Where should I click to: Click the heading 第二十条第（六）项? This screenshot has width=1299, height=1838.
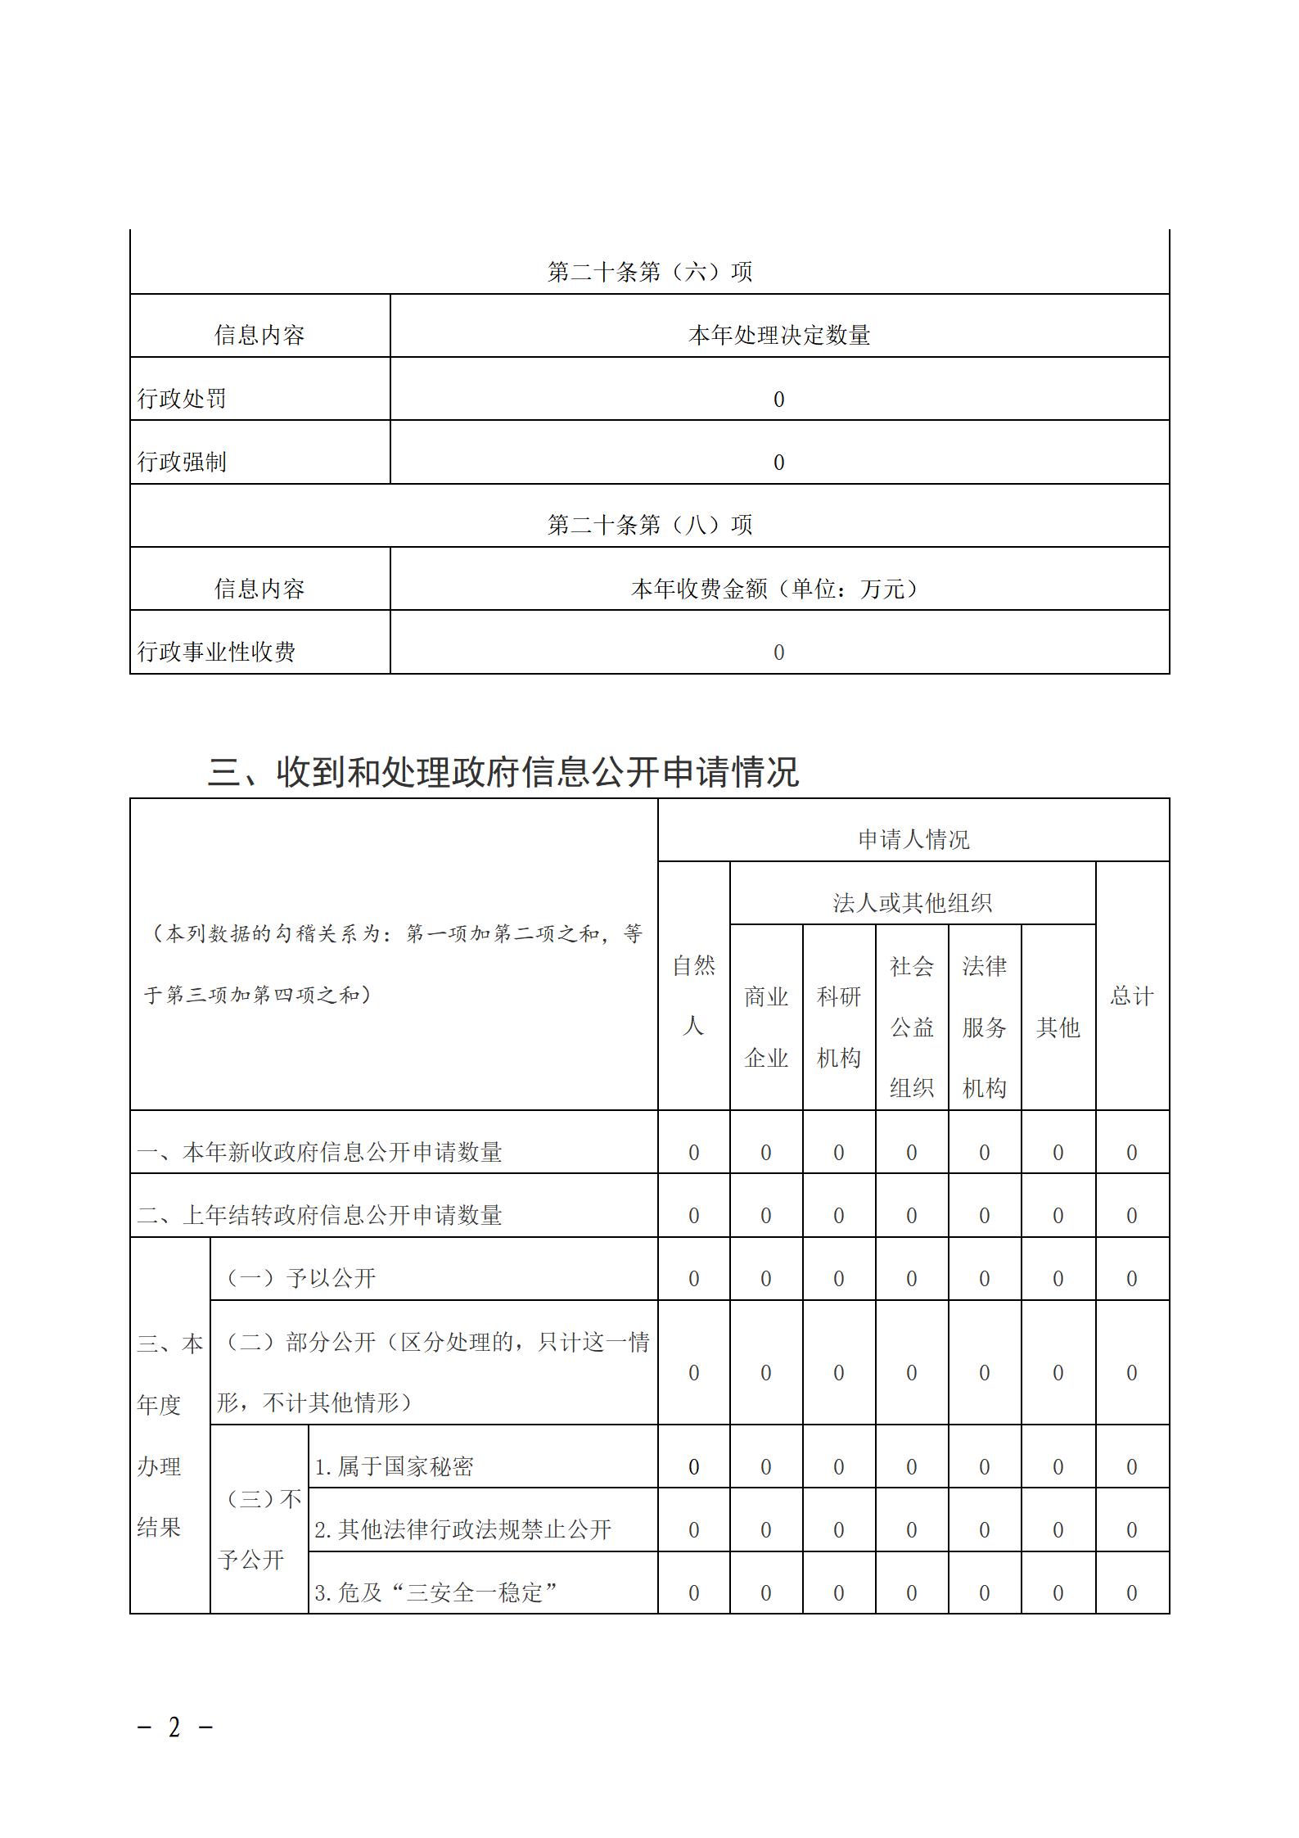tap(649, 272)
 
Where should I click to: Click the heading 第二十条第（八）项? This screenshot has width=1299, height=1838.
tap(649, 525)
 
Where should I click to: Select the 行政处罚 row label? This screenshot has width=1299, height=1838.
tap(182, 399)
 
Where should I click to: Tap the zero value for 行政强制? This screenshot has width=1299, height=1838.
tap(778, 463)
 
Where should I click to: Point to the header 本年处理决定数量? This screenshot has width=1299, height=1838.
tap(778, 335)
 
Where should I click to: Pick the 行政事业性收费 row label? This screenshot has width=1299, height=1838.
tap(216, 652)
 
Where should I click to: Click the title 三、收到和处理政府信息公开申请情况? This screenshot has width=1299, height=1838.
tap(503, 771)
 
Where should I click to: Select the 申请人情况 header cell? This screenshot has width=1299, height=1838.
tap(913, 839)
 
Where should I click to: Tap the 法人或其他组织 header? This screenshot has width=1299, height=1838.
tap(912, 903)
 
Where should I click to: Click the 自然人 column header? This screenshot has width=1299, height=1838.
tap(693, 996)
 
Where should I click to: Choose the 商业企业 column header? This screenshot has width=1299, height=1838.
tap(766, 1027)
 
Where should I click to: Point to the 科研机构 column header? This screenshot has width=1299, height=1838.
tap(839, 1027)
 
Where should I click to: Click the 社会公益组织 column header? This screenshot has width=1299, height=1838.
tap(912, 1027)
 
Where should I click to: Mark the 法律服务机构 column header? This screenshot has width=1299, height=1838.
tap(984, 1027)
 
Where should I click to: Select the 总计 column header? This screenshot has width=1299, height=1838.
tap(1132, 996)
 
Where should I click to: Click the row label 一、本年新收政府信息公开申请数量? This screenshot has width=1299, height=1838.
tap(319, 1152)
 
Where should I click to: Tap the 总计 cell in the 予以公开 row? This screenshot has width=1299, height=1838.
tap(1132, 1279)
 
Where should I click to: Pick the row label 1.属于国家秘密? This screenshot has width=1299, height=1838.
tap(394, 1466)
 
